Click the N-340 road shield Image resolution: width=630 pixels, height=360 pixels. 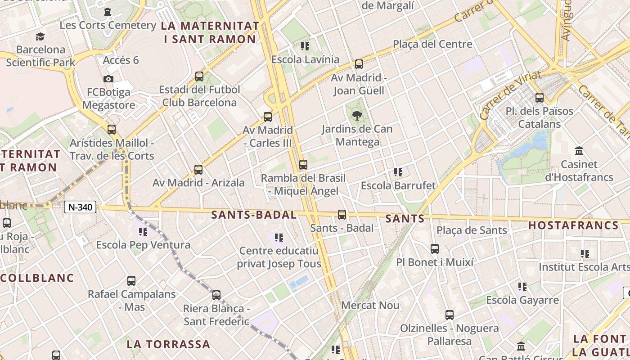80,207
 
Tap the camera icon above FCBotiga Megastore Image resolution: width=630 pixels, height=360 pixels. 108,79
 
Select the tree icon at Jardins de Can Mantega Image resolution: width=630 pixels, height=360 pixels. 357,116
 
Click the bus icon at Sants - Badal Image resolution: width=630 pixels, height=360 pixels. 342,215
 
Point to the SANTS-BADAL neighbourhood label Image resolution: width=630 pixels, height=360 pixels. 254,215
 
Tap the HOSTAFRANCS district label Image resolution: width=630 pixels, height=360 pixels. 573,225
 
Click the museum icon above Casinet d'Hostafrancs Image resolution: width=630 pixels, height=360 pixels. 579,151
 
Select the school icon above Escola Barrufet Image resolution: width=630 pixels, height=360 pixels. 398,172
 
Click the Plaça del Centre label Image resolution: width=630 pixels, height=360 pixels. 432,44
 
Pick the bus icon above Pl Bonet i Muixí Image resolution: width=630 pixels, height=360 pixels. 434,249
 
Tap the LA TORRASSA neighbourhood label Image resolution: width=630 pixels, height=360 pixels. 168,345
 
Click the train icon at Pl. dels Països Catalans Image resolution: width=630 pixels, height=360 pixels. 539,97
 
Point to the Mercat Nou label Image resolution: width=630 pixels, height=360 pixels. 370,306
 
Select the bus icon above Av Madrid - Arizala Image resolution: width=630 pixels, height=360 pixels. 198,170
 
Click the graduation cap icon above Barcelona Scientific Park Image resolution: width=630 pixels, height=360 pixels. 40,36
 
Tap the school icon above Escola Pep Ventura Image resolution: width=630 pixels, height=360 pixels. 143,232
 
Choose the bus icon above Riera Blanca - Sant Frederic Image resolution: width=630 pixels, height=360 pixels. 216,295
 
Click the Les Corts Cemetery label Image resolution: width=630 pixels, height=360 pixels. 108,25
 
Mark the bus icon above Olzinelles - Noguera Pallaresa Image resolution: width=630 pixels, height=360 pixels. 449,315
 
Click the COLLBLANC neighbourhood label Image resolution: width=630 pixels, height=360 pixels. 37,278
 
